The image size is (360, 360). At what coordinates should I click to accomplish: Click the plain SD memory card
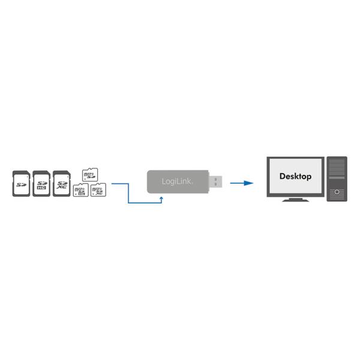22,183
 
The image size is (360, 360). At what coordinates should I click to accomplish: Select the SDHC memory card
41,183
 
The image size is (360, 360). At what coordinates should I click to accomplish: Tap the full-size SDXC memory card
62,183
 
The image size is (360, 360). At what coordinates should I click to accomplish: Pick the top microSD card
89,175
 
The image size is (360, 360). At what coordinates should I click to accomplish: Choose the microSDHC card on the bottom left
80,191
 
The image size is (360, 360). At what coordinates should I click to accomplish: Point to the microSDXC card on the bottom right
98,191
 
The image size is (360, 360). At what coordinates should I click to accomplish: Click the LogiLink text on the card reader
177,181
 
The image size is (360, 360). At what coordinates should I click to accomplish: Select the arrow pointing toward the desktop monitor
241,183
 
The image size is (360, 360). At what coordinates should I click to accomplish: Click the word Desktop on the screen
295,176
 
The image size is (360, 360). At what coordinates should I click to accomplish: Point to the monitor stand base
295,199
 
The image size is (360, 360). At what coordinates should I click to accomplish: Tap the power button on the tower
337,192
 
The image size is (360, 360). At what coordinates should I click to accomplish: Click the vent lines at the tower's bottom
337,198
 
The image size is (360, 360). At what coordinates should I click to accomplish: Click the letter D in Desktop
283,176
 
